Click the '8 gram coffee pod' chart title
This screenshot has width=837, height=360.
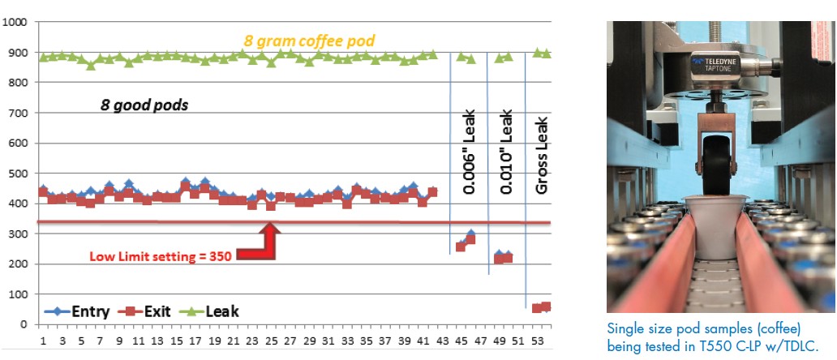[310, 40]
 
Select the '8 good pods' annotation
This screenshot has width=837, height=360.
[145, 105]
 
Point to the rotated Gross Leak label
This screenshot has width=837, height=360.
[543, 155]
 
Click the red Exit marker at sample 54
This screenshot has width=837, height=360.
[547, 306]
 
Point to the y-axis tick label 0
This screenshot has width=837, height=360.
[23, 324]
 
